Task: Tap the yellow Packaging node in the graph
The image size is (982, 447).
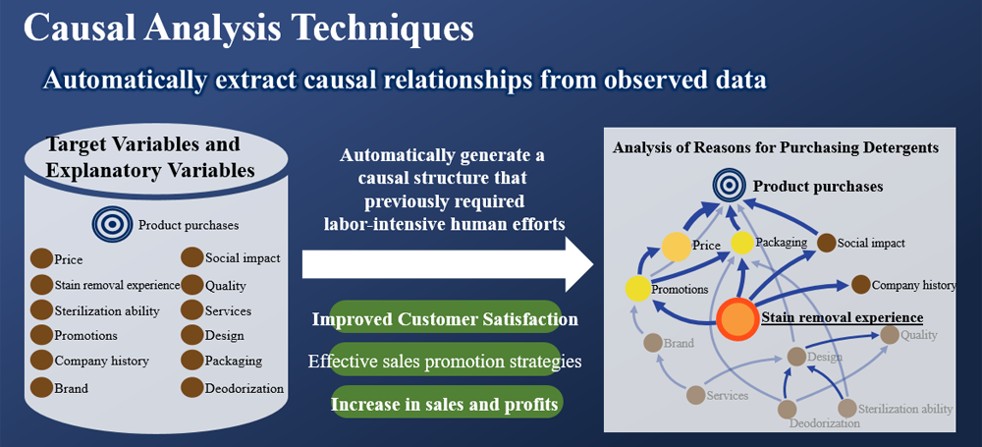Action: coord(742,243)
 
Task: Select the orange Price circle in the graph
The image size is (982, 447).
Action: coord(677,247)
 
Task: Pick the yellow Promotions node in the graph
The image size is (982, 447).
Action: coord(638,289)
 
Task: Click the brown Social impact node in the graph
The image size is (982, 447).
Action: coord(827,243)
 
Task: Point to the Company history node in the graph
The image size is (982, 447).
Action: coord(860,285)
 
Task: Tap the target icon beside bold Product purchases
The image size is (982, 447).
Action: coord(730,185)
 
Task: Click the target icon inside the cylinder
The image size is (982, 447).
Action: coord(112,224)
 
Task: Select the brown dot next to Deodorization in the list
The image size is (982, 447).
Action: coord(191,387)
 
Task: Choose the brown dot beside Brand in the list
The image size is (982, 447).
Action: coord(41,387)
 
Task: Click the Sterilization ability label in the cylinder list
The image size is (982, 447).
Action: coord(107,311)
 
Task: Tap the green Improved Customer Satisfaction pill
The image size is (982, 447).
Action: coord(445,319)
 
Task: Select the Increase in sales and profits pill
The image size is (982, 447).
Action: coord(444,405)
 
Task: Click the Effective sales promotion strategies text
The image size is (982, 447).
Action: coord(445,362)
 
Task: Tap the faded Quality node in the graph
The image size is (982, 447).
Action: coord(890,335)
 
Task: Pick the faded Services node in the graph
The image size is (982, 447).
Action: coord(696,395)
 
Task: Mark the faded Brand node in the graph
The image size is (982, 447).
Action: coord(653,343)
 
